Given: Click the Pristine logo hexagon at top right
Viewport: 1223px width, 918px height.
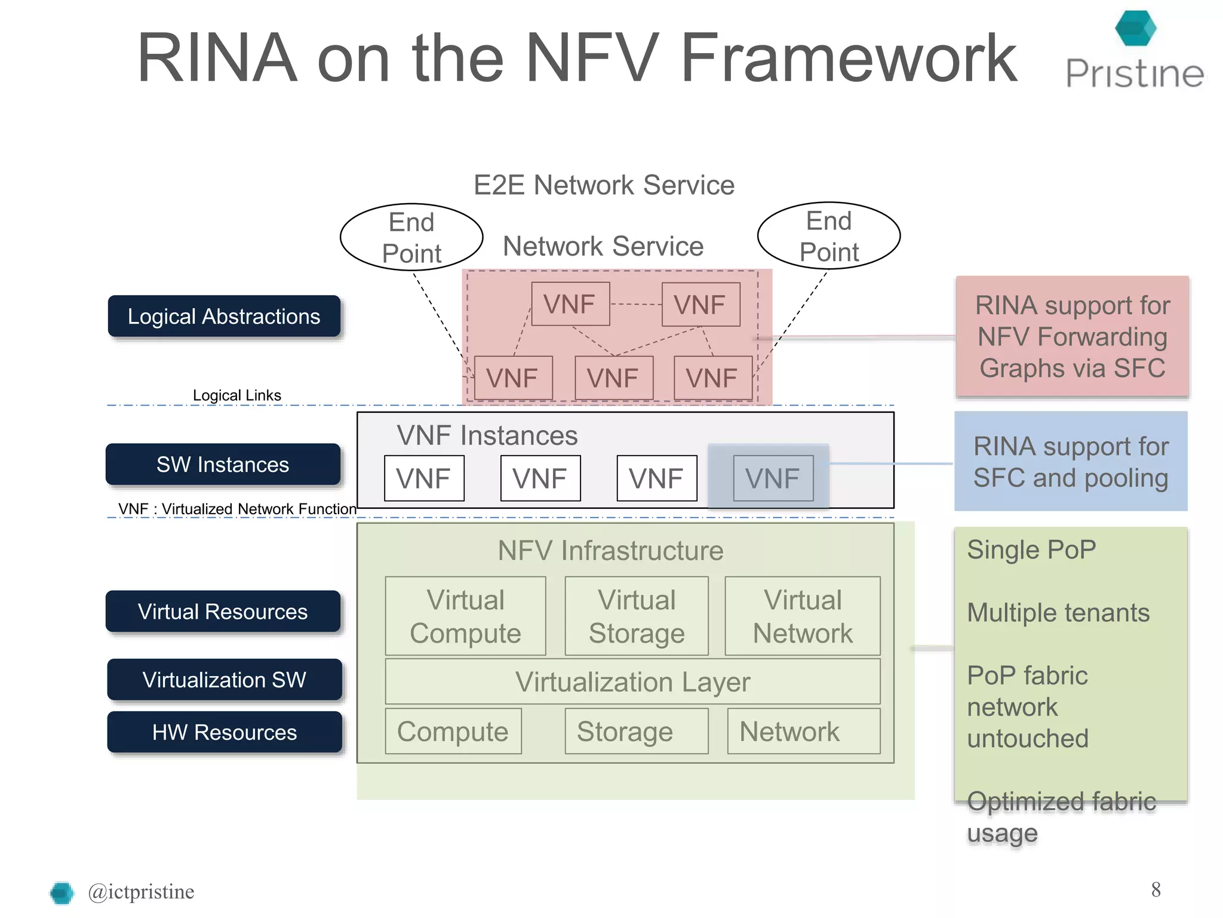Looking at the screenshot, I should pos(1135,28).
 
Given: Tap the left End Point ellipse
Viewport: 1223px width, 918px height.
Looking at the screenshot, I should pos(411,237).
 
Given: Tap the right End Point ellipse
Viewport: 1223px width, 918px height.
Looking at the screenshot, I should pos(828,236).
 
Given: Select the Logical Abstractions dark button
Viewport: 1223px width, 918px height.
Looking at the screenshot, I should pos(224,317).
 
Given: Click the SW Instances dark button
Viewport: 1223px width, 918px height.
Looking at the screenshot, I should pos(223,464).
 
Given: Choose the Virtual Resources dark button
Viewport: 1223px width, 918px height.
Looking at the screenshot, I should pos(223,612).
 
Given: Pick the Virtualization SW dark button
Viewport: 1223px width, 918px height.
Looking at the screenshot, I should pos(224,680).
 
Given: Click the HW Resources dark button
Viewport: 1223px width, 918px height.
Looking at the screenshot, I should pos(224,732).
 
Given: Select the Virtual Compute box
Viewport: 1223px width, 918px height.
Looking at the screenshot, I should pos(465,616).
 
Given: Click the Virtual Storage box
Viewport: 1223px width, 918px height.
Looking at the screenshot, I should pos(637,616).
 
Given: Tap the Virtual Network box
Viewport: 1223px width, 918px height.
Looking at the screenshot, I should pos(803,616).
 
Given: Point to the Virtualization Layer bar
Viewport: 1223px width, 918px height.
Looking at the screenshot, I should pos(632,681).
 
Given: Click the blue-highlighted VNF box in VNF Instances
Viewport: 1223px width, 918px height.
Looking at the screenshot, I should pos(773,478).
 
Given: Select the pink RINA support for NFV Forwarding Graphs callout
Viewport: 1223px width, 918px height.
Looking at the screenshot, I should pos(1072,337).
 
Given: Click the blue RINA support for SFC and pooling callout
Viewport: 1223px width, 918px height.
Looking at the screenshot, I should pos(1070,462).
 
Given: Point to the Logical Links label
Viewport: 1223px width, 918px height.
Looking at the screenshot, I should pos(236,395).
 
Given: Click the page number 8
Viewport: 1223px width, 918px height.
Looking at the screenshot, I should pos(1156,889).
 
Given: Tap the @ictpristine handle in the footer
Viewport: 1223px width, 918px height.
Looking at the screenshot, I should pos(141,892).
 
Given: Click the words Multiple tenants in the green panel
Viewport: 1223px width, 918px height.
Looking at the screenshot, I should pos(1058,613).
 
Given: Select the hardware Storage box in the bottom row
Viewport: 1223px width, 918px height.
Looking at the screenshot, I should pos(636,732).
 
